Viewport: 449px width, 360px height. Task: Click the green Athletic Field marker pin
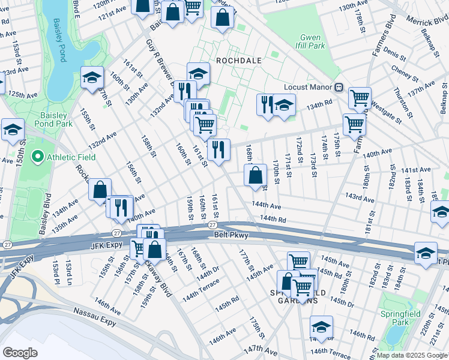pos(37,158)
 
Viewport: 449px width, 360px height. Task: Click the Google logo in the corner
pos(20,352)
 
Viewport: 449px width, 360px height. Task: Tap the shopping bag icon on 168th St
pos(255,175)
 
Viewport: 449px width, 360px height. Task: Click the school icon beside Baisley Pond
pos(92,78)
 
